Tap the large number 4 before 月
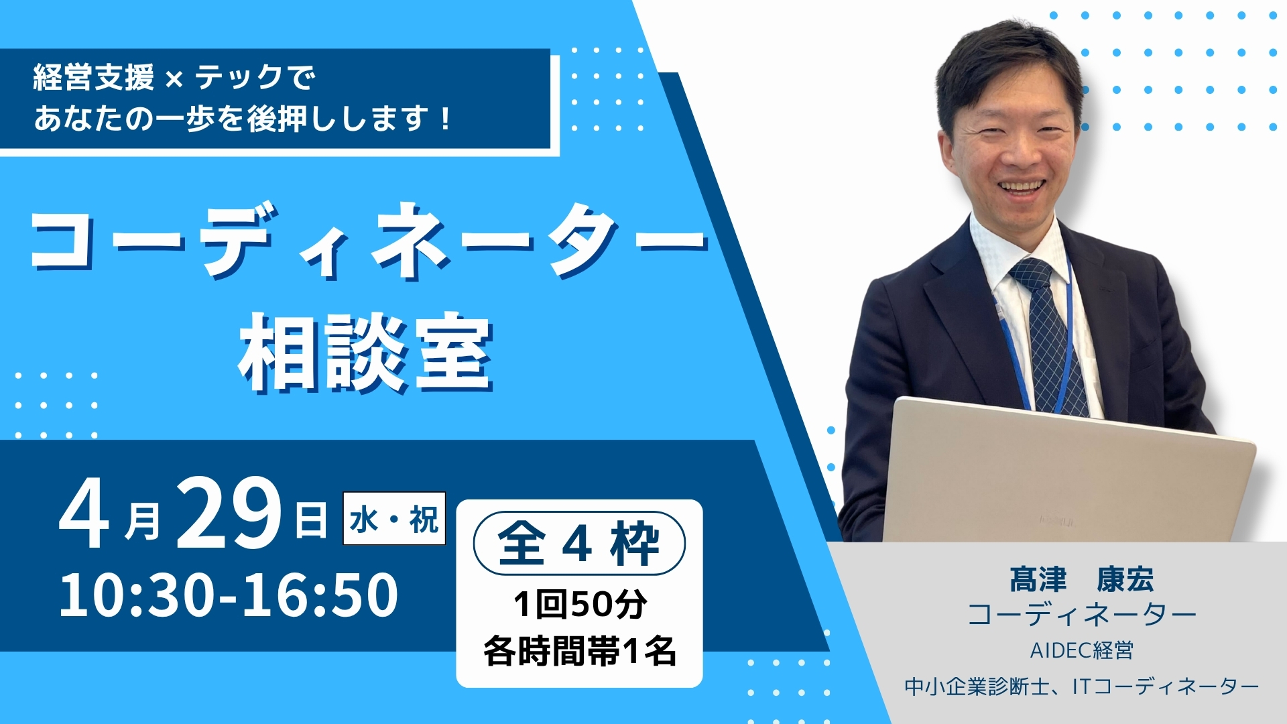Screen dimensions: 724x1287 (x=84, y=515)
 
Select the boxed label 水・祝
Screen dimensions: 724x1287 (x=394, y=519)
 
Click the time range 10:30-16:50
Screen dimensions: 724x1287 (x=229, y=595)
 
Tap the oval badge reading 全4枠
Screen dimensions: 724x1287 (x=579, y=543)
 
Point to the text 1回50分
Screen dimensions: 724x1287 (x=580, y=604)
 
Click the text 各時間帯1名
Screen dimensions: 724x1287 (x=580, y=650)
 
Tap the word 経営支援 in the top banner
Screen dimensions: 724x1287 (x=94, y=78)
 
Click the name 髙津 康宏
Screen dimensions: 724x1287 (x=1081, y=580)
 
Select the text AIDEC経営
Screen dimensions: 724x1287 (x=1081, y=650)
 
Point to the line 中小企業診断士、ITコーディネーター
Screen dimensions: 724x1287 (x=1081, y=686)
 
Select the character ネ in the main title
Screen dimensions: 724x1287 (x=410, y=241)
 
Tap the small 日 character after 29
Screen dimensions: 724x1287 (x=311, y=522)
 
